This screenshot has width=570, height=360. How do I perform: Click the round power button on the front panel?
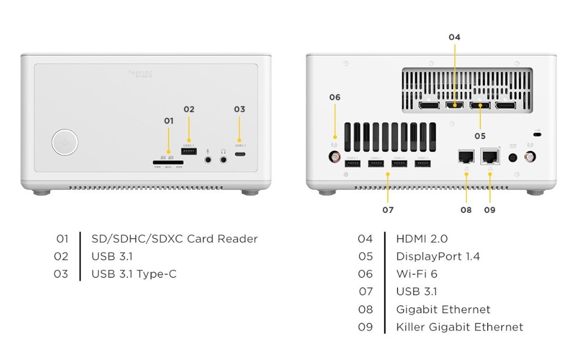[x=65, y=143]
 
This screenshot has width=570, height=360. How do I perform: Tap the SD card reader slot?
[x=168, y=161]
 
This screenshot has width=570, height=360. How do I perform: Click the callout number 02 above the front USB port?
[x=188, y=109]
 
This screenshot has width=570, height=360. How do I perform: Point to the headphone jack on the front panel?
[x=224, y=159]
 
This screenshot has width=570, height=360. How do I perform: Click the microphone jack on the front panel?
[x=209, y=159]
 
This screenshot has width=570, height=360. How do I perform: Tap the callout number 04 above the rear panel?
[x=454, y=37]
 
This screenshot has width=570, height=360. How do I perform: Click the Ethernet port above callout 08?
[x=466, y=156]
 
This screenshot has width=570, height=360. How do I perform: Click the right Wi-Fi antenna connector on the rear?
[x=530, y=157]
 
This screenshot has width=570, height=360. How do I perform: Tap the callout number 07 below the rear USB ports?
[x=387, y=210]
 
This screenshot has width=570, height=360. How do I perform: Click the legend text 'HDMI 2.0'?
[x=422, y=239]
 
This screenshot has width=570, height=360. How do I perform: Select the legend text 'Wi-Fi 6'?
[x=417, y=274]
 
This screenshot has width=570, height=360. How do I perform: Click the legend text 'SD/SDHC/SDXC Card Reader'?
[x=174, y=239]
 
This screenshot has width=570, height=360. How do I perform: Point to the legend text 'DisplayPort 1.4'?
[x=438, y=256]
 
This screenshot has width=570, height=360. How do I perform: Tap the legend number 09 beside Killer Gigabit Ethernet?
[x=365, y=327]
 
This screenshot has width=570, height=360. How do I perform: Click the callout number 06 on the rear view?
[x=335, y=97]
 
